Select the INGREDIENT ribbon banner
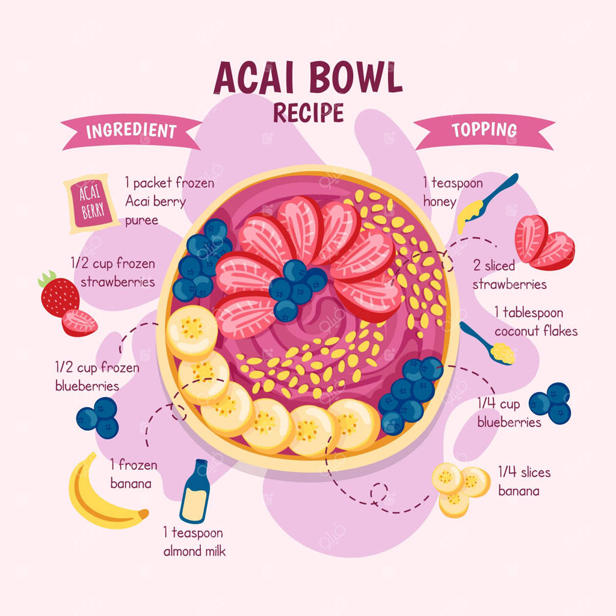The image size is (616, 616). click(x=131, y=131)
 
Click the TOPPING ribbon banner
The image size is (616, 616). click(x=484, y=130)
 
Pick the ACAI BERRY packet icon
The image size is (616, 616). click(x=91, y=203)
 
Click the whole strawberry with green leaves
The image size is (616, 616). click(x=59, y=294)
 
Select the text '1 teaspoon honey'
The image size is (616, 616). click(x=452, y=192)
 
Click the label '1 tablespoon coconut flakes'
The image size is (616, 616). click(x=535, y=322)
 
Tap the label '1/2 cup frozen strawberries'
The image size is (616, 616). click(x=113, y=272)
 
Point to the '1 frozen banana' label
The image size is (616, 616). click(x=133, y=473)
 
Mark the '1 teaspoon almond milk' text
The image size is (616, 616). click(x=194, y=541)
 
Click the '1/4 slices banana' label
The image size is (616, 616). click(x=523, y=481)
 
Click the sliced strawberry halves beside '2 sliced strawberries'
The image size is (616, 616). click(x=543, y=242)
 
